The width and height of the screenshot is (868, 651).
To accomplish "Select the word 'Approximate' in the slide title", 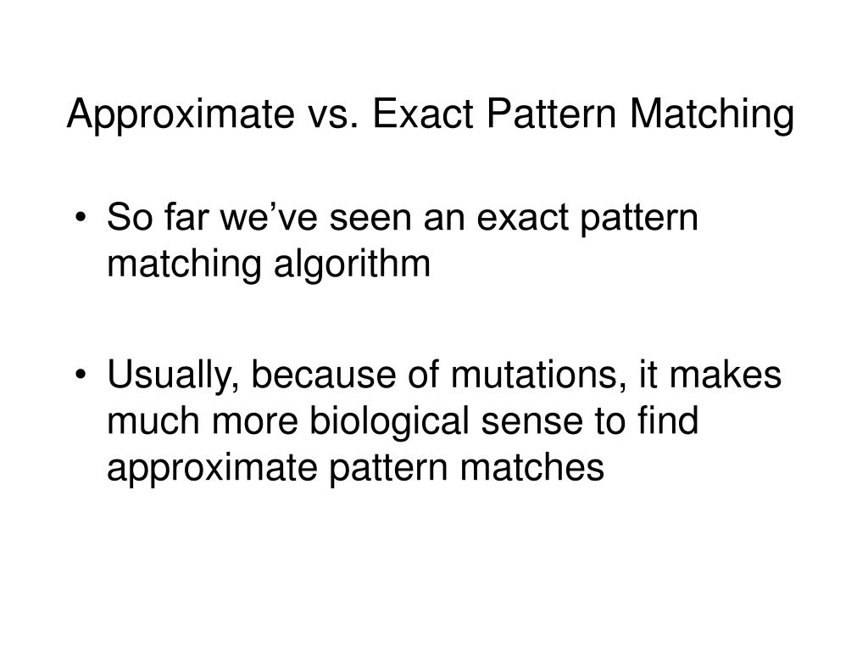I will (175, 116).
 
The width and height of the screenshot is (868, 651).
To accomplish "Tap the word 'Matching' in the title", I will (722, 116).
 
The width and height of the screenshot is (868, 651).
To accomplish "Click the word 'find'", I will (669, 421).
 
